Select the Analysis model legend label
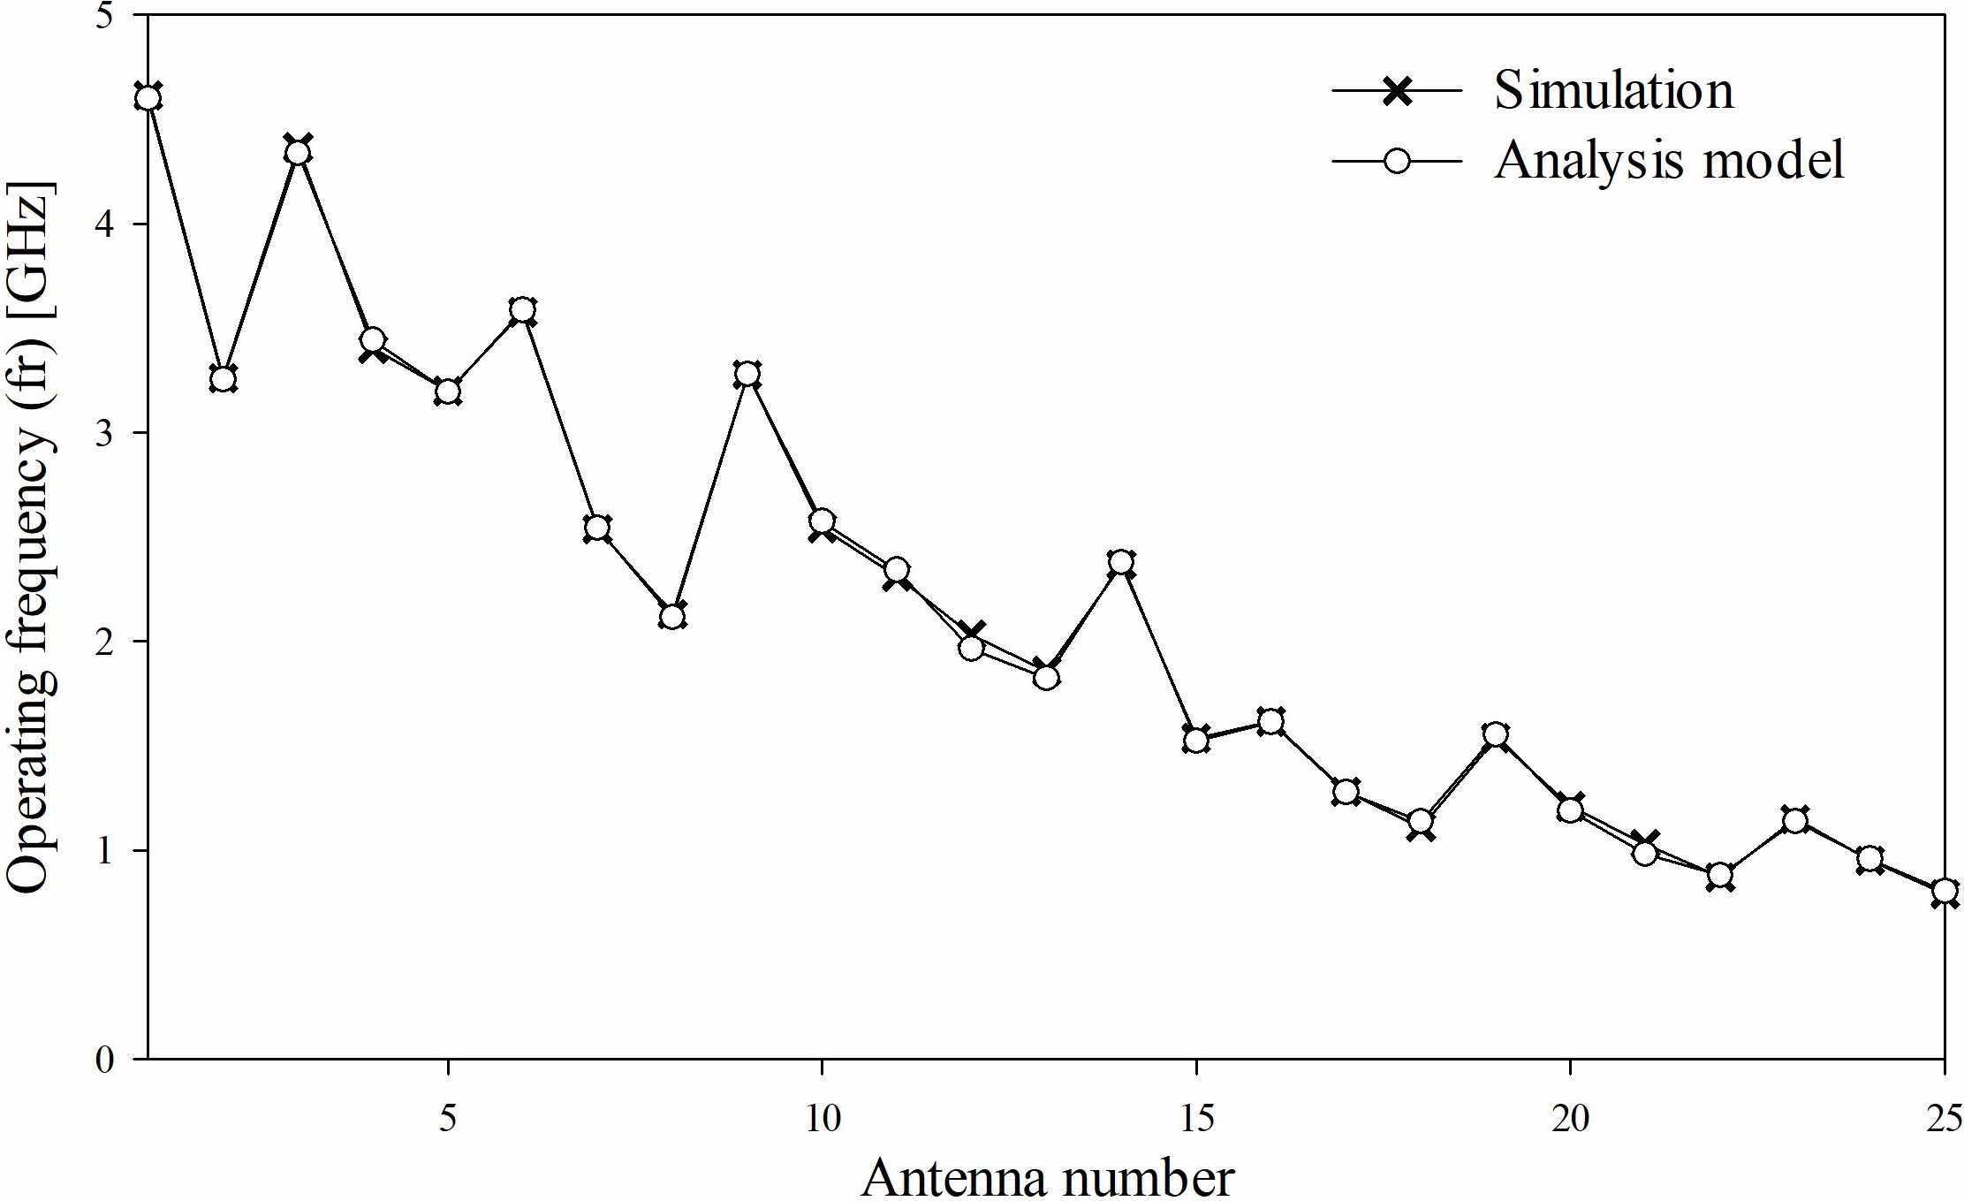pyautogui.click(x=1669, y=161)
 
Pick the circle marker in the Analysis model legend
pyautogui.click(x=1397, y=162)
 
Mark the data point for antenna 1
pyautogui.click(x=148, y=97)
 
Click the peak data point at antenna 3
pyautogui.click(x=298, y=151)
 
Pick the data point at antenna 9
pyautogui.click(x=747, y=374)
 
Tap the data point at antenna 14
pyautogui.click(x=1121, y=562)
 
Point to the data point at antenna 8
pyautogui.click(x=672, y=615)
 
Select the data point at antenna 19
pyautogui.click(x=1495, y=734)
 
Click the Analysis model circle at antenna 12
pyautogui.click(x=971, y=649)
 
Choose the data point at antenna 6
pyautogui.click(x=522, y=310)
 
